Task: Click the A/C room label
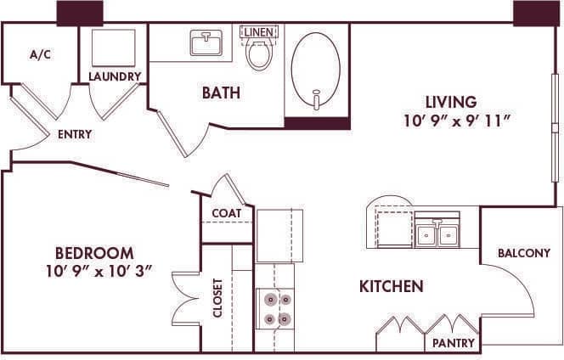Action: pos(40,54)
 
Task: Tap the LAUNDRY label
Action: pos(115,77)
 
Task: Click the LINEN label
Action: pos(258,32)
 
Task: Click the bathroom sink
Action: pos(206,42)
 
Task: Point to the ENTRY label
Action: pos(75,134)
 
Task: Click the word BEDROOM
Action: pos(94,253)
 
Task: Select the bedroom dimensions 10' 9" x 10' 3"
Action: pos(99,272)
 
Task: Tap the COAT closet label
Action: pos(227,213)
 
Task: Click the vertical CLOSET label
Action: pos(217,297)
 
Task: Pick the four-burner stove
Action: pos(275,308)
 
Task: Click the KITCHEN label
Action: pos(391,287)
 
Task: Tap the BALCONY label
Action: pos(524,253)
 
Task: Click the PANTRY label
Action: pos(454,343)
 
